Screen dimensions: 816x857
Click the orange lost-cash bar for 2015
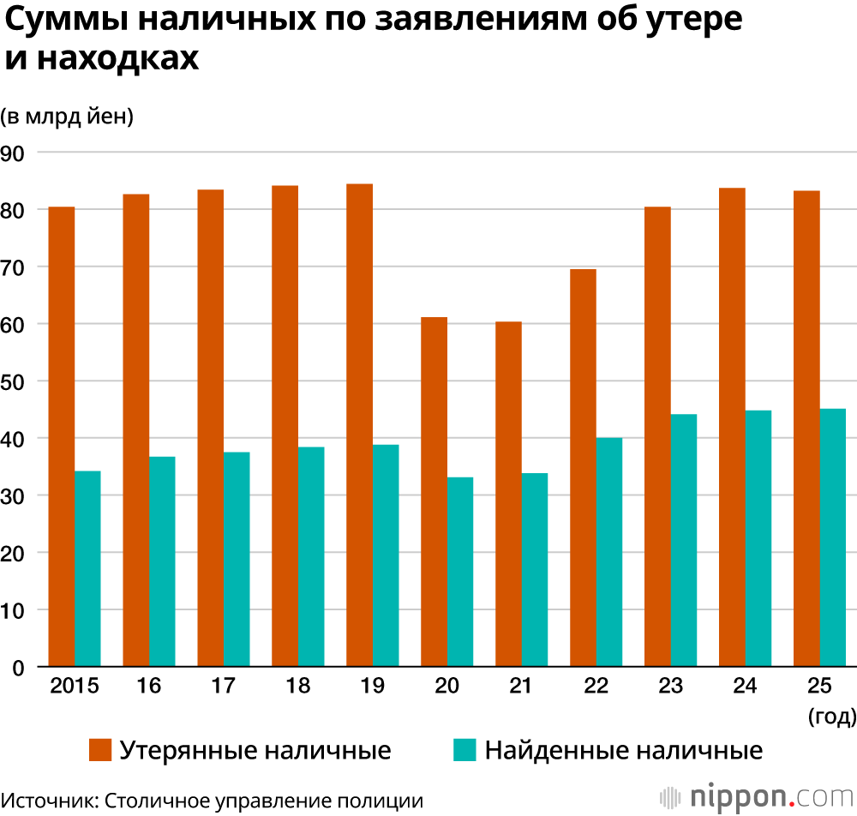pos(61,436)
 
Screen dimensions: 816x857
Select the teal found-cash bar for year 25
pos(833,537)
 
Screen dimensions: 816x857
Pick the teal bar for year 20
pos(460,572)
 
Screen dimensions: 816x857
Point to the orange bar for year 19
pos(359,425)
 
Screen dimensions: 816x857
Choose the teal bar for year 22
pos(609,552)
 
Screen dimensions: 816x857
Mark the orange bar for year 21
pos(508,494)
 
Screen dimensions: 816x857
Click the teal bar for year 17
pos(237,559)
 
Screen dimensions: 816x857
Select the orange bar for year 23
pos(657,436)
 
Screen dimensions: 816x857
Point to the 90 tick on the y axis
pos(15,153)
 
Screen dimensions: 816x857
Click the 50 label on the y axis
pos(15,381)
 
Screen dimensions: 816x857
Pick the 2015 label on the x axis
pos(75,687)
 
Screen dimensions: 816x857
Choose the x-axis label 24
pos(745,687)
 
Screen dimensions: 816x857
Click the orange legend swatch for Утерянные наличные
pos(101,751)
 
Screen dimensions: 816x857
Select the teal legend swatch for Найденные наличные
pos(464,751)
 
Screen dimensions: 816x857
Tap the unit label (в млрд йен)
pos(67,116)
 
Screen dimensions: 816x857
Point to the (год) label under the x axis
pos(831,717)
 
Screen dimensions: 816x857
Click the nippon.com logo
pos(758,795)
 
